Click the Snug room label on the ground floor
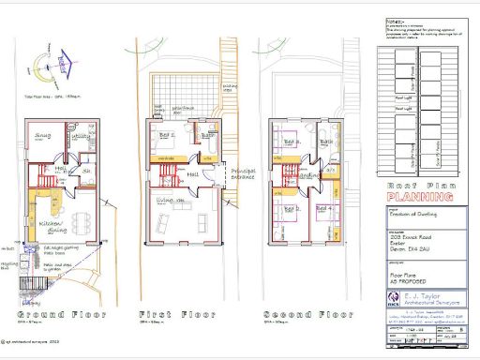click(x=43, y=137)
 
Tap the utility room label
click(x=81, y=137)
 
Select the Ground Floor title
click(x=57, y=313)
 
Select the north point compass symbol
click(x=42, y=64)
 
